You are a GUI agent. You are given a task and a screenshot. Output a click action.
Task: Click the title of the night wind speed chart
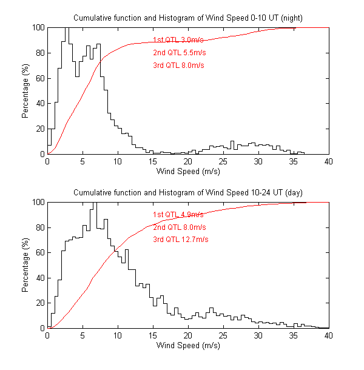pos(187,18)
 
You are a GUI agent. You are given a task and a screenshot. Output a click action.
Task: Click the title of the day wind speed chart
pos(187,192)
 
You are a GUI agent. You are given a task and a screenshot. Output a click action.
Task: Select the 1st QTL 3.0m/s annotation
pos(178,39)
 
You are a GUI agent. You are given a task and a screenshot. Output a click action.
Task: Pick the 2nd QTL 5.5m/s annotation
pos(178,52)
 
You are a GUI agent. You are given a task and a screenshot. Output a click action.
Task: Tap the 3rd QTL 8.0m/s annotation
pos(178,65)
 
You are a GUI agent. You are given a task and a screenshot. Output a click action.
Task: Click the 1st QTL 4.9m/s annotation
pos(178,214)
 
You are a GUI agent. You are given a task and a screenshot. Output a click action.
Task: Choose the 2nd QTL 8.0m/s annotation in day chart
pos(179,227)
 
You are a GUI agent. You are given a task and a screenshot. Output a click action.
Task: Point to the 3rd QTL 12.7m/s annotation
pos(180,240)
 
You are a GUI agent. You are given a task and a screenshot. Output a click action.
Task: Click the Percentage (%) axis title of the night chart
pos(25,91)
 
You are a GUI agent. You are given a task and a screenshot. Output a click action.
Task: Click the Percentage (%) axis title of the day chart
pos(25,265)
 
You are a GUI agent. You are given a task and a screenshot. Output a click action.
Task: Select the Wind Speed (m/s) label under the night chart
pos(188,172)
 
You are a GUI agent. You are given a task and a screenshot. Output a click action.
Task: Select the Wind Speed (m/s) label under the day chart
pos(188,346)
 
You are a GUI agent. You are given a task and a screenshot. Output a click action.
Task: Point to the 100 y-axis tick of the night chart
pos(38,27)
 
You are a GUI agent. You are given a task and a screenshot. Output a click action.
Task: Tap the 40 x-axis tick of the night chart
pos(328,162)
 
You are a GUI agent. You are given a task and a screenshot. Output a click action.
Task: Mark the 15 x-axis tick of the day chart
pos(153,336)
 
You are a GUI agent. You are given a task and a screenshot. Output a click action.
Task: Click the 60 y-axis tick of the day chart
pos(39,252)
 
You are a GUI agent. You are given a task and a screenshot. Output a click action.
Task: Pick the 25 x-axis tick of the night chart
pos(223,162)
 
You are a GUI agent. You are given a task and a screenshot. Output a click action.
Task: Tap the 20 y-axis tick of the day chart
pos(39,303)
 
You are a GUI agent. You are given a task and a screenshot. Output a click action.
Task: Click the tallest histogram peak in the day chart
pos(95,204)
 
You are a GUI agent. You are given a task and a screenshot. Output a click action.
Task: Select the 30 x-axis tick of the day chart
pos(258,336)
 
